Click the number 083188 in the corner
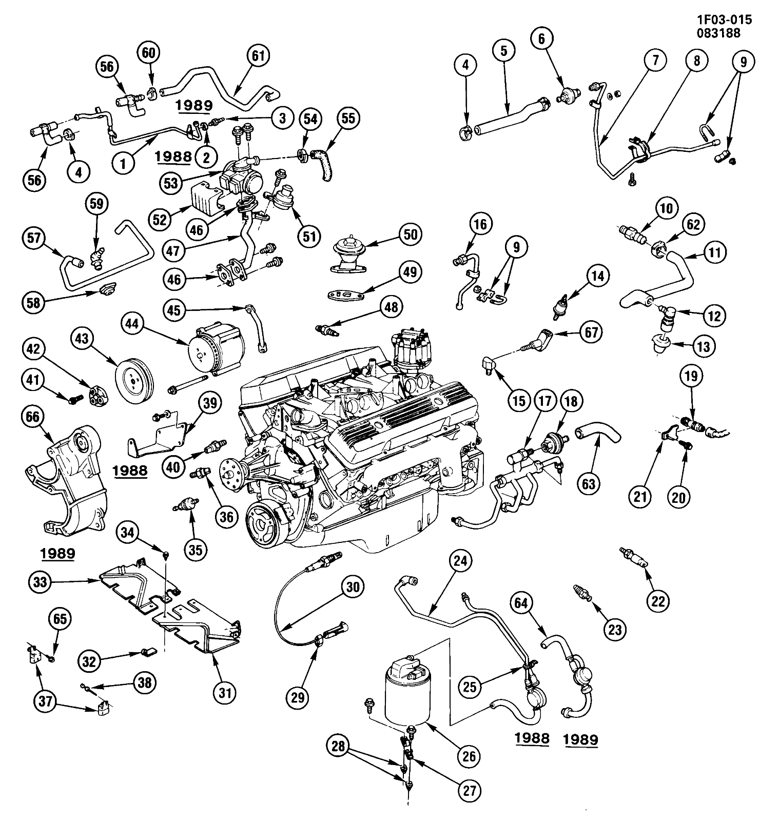(x=718, y=33)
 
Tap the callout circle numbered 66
(x=32, y=417)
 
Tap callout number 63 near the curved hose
(x=589, y=484)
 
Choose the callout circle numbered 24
(x=460, y=561)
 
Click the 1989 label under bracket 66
(x=57, y=553)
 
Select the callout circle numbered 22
(x=658, y=599)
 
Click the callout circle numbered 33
(x=40, y=581)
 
